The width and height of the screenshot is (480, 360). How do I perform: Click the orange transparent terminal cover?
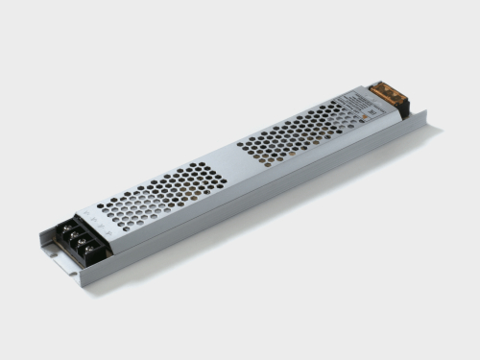[387, 93]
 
